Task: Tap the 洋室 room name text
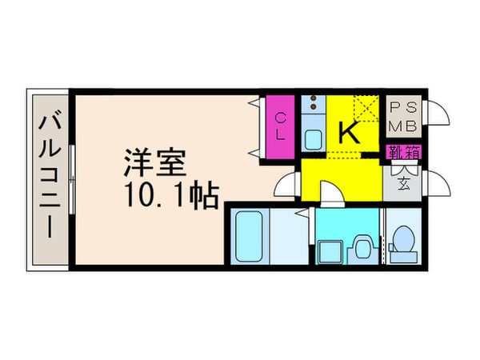coord(155,165)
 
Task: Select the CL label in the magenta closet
coord(281,127)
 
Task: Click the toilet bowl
coord(404,240)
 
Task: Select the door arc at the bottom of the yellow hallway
coord(331,194)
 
